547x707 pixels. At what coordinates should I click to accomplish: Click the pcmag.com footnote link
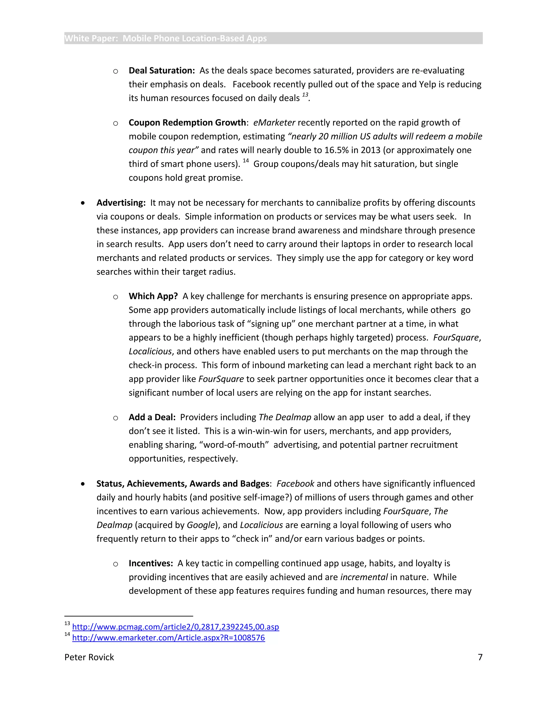pyautogui.click(x=175, y=627)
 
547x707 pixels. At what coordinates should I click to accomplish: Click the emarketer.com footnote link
pyautogui.click(x=169, y=638)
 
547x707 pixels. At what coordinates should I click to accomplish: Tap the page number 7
pyautogui.click(x=480, y=657)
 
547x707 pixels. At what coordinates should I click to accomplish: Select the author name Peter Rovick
pyautogui.click(x=89, y=657)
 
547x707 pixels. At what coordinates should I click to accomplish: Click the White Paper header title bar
pyautogui.click(x=273, y=38)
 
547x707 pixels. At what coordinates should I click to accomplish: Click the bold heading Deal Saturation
pyautogui.click(x=161, y=71)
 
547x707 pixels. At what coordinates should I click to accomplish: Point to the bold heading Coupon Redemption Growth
pyautogui.click(x=187, y=123)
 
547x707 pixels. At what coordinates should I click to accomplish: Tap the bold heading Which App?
pyautogui.click(x=153, y=296)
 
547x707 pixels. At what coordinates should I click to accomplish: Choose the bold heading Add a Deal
pyautogui.click(x=152, y=417)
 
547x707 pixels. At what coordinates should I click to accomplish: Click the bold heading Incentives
pyautogui.click(x=151, y=563)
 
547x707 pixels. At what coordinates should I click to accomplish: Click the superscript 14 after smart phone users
pyautogui.click(x=246, y=161)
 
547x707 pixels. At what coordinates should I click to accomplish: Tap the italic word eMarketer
pyautogui.click(x=274, y=123)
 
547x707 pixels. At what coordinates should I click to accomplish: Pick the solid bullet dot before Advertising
pyautogui.click(x=83, y=203)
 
